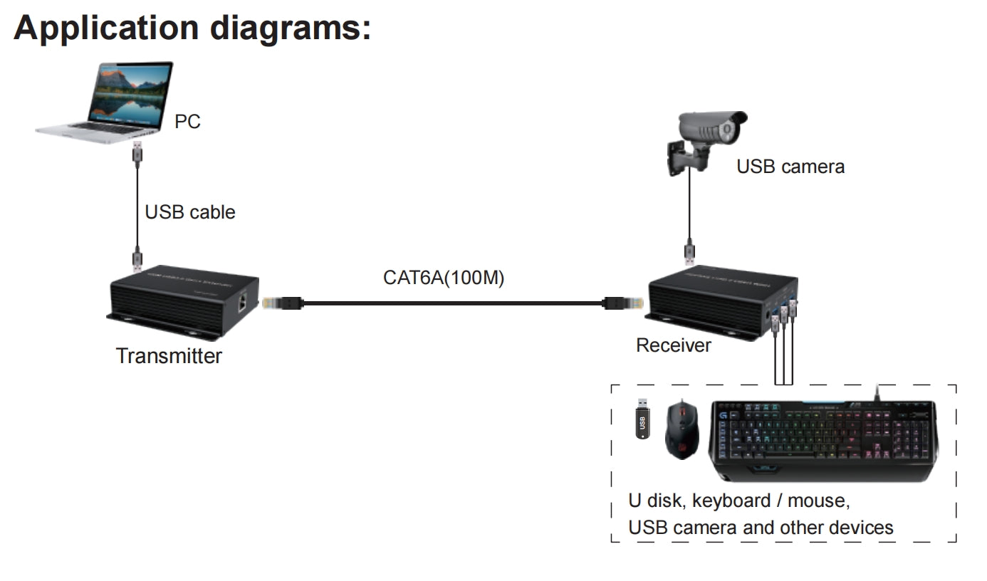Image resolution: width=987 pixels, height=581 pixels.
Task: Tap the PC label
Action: pyautogui.click(x=187, y=122)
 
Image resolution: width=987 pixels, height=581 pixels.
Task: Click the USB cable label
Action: pyautogui.click(x=189, y=212)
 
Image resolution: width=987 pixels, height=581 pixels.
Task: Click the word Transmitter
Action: pyautogui.click(x=169, y=355)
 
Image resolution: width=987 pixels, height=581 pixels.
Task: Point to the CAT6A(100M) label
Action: pyautogui.click(x=443, y=278)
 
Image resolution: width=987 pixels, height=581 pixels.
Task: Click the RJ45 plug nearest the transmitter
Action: pyautogui.click(x=282, y=303)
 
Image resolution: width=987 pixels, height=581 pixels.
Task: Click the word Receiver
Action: pyautogui.click(x=673, y=345)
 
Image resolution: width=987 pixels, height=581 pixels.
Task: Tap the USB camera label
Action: pyautogui.click(x=790, y=167)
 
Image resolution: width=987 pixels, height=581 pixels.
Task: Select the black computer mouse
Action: pyautogui.click(x=681, y=429)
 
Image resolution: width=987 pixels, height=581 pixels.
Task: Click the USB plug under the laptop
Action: pyautogui.click(x=137, y=152)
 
